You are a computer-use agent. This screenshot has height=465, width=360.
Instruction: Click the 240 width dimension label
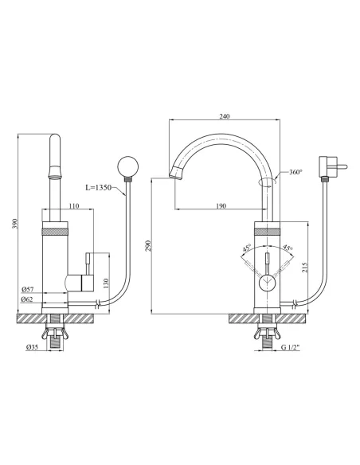[225, 116]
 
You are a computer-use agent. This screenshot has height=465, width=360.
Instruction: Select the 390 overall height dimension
[15, 224]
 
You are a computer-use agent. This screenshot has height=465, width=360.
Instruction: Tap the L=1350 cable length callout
[99, 187]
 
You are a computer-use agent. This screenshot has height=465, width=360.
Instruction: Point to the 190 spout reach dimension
[221, 205]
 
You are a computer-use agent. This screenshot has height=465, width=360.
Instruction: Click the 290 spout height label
[148, 246]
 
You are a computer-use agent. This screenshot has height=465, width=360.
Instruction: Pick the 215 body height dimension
[305, 268]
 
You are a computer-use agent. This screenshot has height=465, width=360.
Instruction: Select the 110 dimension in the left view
[74, 205]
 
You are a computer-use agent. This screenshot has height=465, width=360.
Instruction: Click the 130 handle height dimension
[107, 283]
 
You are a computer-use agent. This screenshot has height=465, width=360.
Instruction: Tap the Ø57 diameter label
[28, 289]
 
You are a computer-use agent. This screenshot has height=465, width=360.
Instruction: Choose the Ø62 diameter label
[27, 299]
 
